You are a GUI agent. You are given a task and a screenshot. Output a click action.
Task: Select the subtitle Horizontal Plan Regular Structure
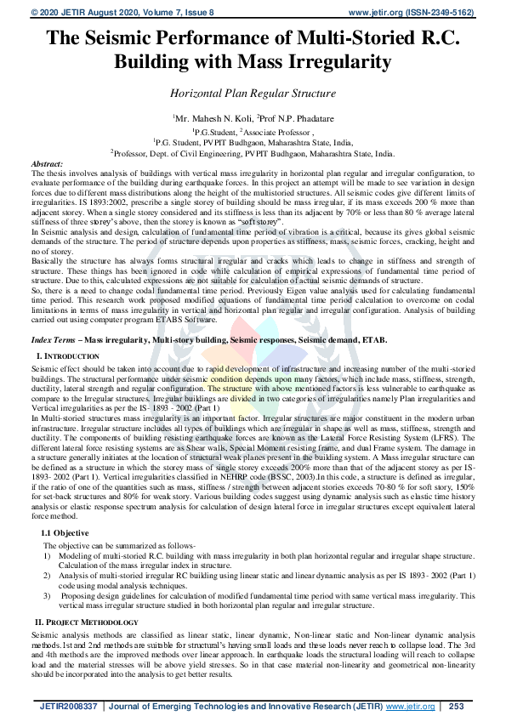[x=253, y=93]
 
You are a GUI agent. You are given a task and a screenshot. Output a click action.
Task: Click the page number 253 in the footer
[x=456, y=707]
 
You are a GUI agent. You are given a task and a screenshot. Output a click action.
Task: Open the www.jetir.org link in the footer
[x=411, y=707]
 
